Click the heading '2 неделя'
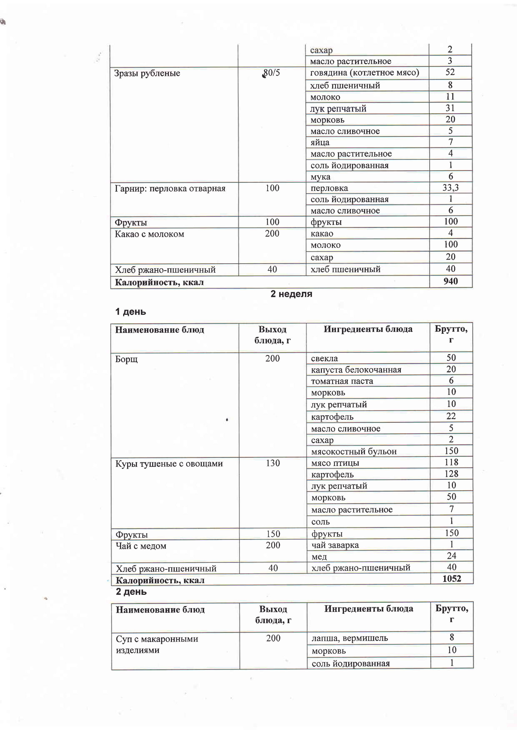pos(291,294)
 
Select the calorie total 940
pos(450,281)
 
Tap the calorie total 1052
pos(451,578)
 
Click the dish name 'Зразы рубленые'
pos(147,73)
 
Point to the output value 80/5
pos(272,73)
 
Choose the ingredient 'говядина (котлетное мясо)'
pos(364,73)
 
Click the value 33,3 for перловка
pos(450,188)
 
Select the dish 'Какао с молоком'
pos(149,234)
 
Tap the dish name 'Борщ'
pos(126,359)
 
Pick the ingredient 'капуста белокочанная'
pos(356,370)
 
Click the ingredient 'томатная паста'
pos(342,381)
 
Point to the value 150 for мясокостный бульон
pos(451,451)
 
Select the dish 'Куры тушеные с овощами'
pos(169,463)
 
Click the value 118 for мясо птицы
pos(451,462)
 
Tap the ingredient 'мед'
pos(319,557)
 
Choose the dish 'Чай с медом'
pos(141,546)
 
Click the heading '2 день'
pos(131,592)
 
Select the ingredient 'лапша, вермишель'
pos(349,638)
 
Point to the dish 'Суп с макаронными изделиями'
pos(157,644)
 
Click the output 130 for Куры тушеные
pos(273,463)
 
